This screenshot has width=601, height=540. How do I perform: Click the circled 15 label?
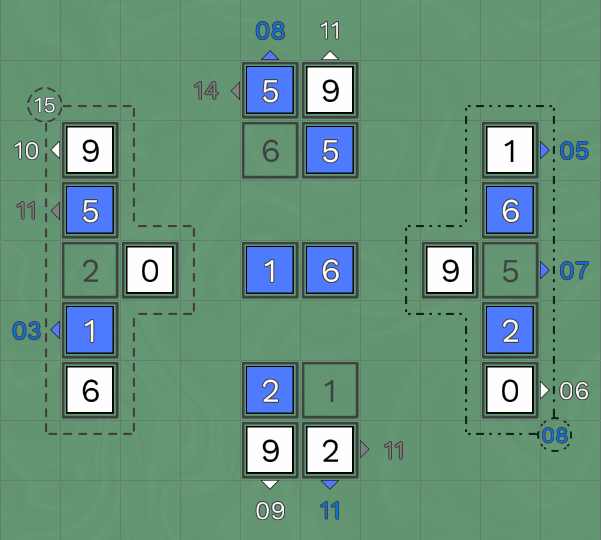pos(44,105)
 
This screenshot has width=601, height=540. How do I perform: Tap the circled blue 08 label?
pos(555,435)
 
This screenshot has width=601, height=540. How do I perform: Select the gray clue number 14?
pos(207,91)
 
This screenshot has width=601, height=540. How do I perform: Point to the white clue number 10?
pos(26,150)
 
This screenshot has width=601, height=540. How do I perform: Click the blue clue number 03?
pos(26,330)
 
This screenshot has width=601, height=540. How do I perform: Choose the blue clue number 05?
pos(574,150)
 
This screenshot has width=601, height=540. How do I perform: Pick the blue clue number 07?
pos(574,270)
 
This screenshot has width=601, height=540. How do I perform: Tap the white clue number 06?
pos(574,391)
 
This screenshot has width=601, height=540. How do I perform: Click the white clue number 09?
pos(270,510)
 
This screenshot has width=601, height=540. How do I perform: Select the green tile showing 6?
pos(270,150)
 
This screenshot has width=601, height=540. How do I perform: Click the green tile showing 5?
pos(510,270)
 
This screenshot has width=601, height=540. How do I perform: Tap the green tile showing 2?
pos(90,270)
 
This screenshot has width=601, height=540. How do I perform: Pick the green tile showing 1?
pos(330,391)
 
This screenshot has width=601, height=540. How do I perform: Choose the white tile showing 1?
pos(510,150)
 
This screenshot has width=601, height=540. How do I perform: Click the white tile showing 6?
pos(90,391)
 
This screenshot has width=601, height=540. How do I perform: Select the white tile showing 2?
pos(330,450)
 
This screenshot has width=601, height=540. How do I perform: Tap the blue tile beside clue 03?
pos(90,330)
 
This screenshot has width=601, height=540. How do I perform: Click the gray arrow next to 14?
pos(236,91)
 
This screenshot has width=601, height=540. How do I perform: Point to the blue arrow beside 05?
pos(544,150)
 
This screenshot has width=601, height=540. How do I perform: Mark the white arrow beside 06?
pos(544,391)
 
